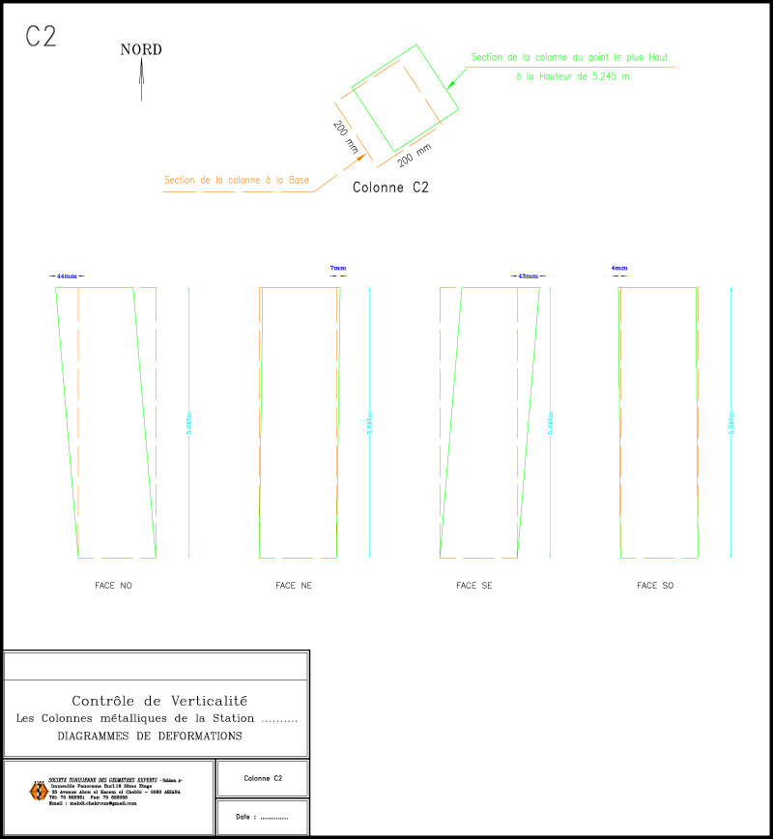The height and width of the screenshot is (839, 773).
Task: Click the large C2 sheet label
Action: pyautogui.click(x=41, y=37)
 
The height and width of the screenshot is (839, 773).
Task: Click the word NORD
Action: pyautogui.click(x=141, y=50)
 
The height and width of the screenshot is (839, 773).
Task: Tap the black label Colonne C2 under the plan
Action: pyautogui.click(x=390, y=188)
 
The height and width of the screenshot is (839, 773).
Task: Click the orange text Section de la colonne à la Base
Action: pyautogui.click(x=237, y=180)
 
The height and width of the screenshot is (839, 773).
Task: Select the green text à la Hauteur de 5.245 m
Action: pyautogui.click(x=573, y=76)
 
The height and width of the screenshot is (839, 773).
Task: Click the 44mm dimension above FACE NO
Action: pyautogui.click(x=67, y=276)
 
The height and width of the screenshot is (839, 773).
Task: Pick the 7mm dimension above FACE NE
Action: pyautogui.click(x=337, y=268)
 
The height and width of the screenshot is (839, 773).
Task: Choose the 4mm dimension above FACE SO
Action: pyautogui.click(x=619, y=268)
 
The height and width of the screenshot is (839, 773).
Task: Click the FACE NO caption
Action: pyautogui.click(x=113, y=586)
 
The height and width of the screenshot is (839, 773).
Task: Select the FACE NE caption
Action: pyautogui.click(x=294, y=586)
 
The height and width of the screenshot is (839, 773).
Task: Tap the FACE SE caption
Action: pyautogui.click(x=474, y=586)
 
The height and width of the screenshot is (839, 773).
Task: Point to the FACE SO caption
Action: pyautogui.click(x=655, y=586)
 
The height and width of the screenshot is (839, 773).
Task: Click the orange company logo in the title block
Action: pyautogui.click(x=38, y=791)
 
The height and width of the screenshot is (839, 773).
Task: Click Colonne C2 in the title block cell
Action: pyautogui.click(x=263, y=778)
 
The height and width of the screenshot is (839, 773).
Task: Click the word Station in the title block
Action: pyautogui.click(x=234, y=718)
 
